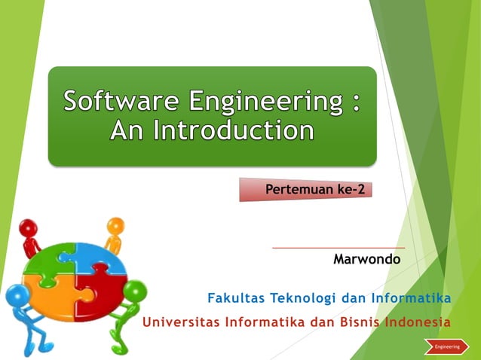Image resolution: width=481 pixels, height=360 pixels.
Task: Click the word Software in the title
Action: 121,101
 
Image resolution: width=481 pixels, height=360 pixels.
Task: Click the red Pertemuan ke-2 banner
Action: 307,189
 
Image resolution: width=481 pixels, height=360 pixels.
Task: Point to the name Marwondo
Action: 366,259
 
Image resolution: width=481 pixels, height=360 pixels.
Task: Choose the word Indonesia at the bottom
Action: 418,322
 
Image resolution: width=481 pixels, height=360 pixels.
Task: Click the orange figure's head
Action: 115,225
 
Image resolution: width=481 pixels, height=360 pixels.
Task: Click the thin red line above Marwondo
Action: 338,247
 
